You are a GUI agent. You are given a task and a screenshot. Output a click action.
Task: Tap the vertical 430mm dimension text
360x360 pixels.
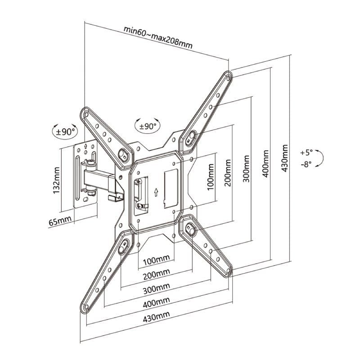[284, 158]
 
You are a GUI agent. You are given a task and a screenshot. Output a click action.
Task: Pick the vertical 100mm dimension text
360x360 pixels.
[211, 178]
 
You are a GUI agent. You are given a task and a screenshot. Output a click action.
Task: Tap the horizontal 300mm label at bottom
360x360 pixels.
[157, 287]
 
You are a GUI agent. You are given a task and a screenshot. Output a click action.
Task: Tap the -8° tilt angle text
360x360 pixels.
[307, 164]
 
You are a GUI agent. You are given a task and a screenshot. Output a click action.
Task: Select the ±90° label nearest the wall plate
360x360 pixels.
[64, 132]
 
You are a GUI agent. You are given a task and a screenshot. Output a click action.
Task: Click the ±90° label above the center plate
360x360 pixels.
[148, 127]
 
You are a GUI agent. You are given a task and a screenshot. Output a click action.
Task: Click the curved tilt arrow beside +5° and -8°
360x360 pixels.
[321, 159]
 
